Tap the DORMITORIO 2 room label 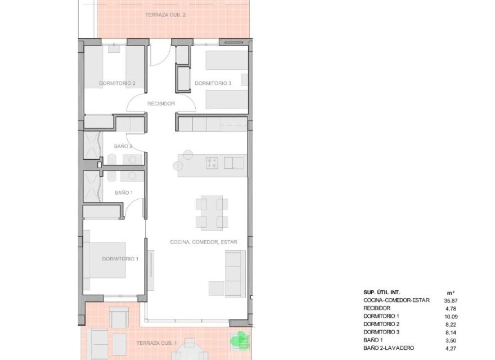(117, 83)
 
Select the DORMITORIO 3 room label (213, 83)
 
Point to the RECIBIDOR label (161, 103)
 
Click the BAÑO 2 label (123, 146)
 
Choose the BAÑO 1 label (123, 192)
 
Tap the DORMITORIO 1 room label (120, 259)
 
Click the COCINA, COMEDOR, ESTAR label (204, 242)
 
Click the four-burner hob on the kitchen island (213, 163)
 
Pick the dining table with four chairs (212, 212)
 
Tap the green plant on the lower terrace (239, 339)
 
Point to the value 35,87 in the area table (452, 300)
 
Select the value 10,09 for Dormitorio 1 (452, 316)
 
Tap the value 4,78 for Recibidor (452, 308)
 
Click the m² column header (451, 292)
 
